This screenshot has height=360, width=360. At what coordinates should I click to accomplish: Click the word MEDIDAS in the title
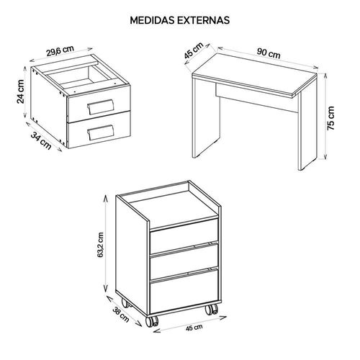[x=153, y=20]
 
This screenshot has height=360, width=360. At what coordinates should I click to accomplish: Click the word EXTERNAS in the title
[x=204, y=20]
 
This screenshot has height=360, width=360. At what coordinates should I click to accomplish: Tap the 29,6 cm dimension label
[x=60, y=50]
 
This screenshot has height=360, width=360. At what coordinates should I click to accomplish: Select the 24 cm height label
[x=21, y=91]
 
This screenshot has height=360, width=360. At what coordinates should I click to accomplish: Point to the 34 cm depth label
[x=41, y=141]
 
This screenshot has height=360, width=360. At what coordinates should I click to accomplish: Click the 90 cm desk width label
[x=269, y=53]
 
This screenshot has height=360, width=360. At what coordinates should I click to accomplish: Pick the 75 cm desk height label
[x=330, y=118]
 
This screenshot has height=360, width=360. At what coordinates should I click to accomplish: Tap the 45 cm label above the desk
[x=194, y=50]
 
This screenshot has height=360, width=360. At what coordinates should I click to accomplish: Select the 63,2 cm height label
[x=100, y=245]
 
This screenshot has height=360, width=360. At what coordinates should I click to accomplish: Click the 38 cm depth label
[x=121, y=315]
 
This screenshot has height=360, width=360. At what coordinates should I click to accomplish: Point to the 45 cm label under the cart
[x=194, y=328]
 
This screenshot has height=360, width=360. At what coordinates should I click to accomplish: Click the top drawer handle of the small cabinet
[x=100, y=107]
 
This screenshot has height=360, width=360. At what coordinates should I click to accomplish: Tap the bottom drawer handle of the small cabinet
[x=101, y=132]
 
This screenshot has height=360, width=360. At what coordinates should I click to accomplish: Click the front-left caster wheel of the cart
[x=152, y=321]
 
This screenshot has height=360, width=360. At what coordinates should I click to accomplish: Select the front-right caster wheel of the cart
[x=212, y=310]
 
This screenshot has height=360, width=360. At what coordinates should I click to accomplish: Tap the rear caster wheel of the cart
[x=125, y=303]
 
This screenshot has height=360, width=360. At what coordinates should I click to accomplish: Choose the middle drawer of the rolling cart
[x=184, y=261]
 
